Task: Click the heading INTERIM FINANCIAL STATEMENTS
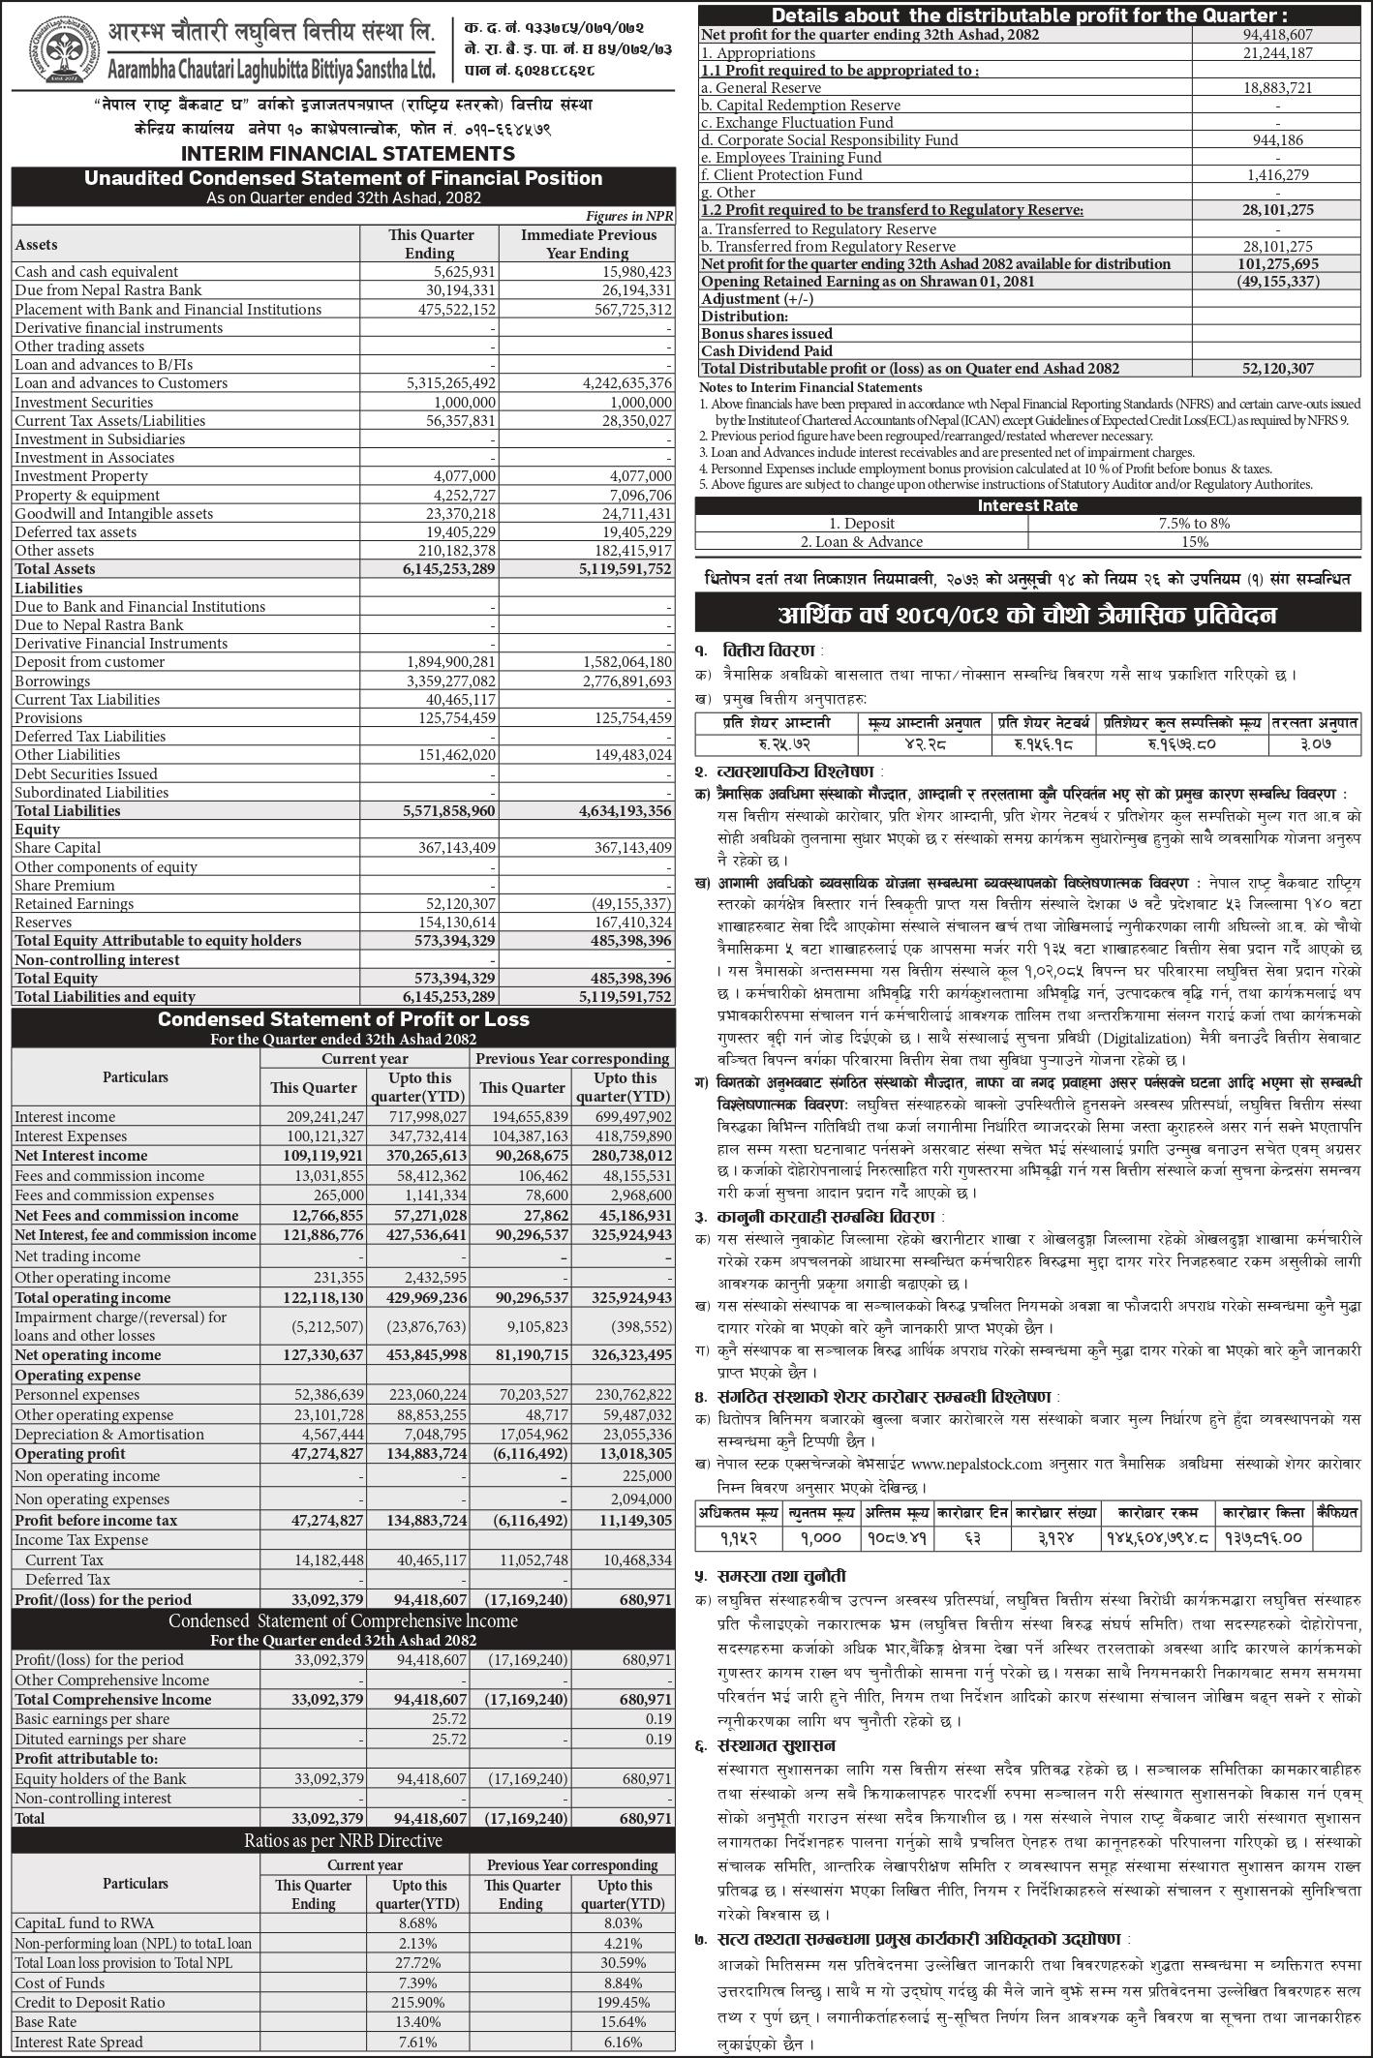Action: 348,153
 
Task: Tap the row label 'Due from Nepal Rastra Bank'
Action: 107,290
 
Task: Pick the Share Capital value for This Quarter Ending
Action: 451,848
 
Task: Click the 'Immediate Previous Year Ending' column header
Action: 588,244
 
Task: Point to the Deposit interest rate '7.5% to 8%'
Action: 1194,524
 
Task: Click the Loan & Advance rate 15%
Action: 1194,542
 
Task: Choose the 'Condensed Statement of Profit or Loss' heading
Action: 344,1019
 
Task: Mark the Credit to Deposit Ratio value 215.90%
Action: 422,2002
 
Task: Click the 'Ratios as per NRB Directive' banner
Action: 344,1840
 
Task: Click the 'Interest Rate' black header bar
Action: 1026,505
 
